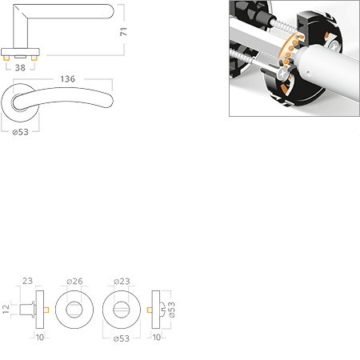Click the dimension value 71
pyautogui.click(x=123, y=31)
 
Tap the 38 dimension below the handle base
pyautogui.click(x=20, y=68)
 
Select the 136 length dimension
pyautogui.click(x=68, y=79)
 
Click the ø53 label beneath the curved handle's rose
pyautogui.click(x=20, y=132)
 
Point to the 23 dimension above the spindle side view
pyautogui.click(x=27, y=281)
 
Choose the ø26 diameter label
pyautogui.click(x=74, y=281)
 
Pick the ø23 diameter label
pyautogui.click(x=122, y=281)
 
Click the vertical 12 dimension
pyautogui.click(x=6, y=309)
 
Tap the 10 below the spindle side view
pyautogui.click(x=40, y=338)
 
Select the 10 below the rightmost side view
pyautogui.click(x=157, y=338)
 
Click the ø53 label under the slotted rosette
pyautogui.click(x=122, y=338)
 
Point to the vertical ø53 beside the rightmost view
pyautogui.click(x=172, y=310)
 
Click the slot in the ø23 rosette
pyautogui.click(x=122, y=310)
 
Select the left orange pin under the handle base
pyautogui.click(x=6, y=58)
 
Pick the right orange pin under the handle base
pyautogui.click(x=34, y=58)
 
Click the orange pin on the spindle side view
pyautogui.click(x=46, y=310)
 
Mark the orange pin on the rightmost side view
pyautogui.click(x=150, y=310)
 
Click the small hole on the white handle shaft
pyautogui.click(x=309, y=73)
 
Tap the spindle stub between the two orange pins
pyautogui.click(x=20, y=57)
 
